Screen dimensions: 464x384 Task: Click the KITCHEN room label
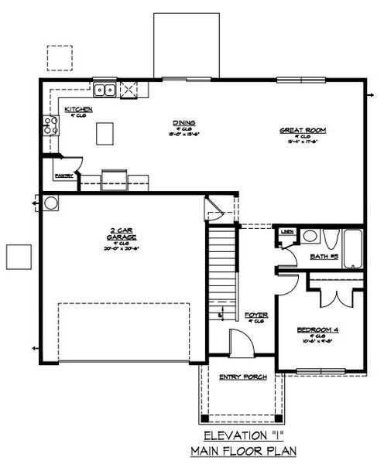(x=78, y=110)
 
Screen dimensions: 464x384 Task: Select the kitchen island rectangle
(x=105, y=134)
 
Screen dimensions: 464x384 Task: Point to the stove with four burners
(x=51, y=125)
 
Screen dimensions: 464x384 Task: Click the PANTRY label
(x=63, y=176)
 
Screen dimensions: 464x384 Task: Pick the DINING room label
(x=184, y=123)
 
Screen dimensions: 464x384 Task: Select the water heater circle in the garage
(x=51, y=203)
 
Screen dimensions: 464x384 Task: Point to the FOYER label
(x=255, y=316)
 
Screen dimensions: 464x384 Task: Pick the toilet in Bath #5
(x=328, y=239)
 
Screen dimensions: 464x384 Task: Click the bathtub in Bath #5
(x=353, y=249)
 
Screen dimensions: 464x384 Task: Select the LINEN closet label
(x=287, y=231)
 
